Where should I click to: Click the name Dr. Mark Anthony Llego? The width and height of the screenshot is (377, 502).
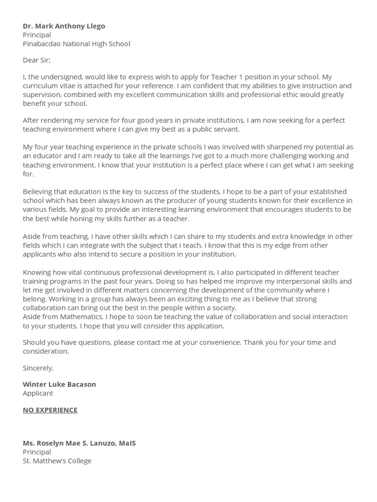click(64, 26)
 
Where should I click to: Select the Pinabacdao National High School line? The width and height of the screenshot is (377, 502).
click(76, 44)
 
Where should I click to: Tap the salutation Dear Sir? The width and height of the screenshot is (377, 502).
click(36, 60)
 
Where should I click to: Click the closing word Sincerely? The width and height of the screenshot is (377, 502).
click(38, 368)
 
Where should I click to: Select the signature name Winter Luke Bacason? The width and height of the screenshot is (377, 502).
click(59, 384)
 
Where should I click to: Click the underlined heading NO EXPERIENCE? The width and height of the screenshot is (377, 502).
click(50, 410)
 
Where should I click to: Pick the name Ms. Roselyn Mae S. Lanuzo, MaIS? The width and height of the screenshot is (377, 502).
click(79, 443)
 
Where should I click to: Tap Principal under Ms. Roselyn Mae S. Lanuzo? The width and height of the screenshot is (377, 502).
click(37, 452)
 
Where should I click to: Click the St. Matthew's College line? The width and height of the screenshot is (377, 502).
click(57, 461)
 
